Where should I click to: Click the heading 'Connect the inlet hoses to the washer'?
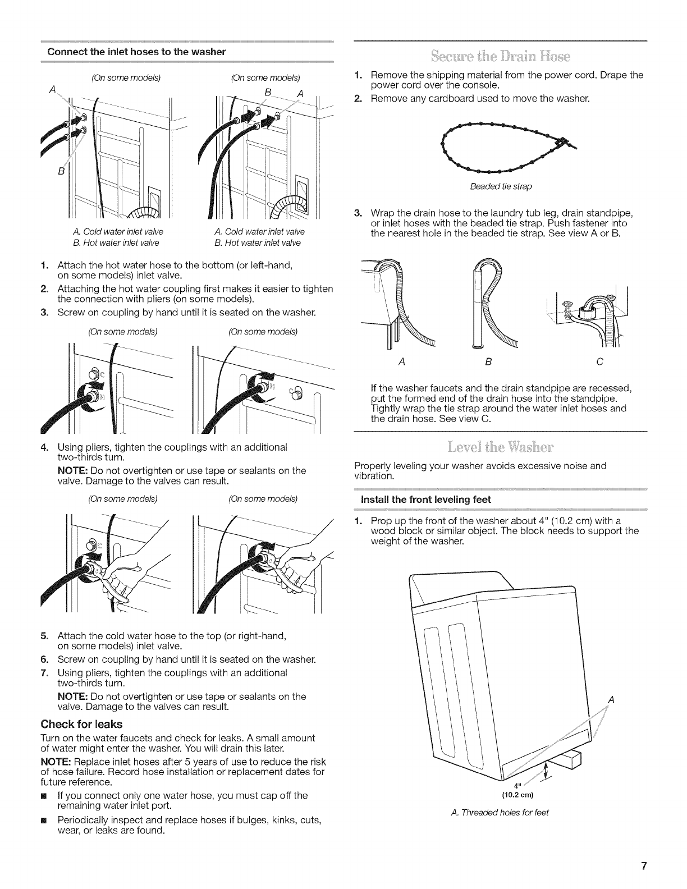(137, 52)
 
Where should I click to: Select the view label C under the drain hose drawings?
(599, 363)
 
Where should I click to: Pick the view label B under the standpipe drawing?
(488, 363)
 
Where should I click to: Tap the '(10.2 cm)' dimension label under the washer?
(516, 795)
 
